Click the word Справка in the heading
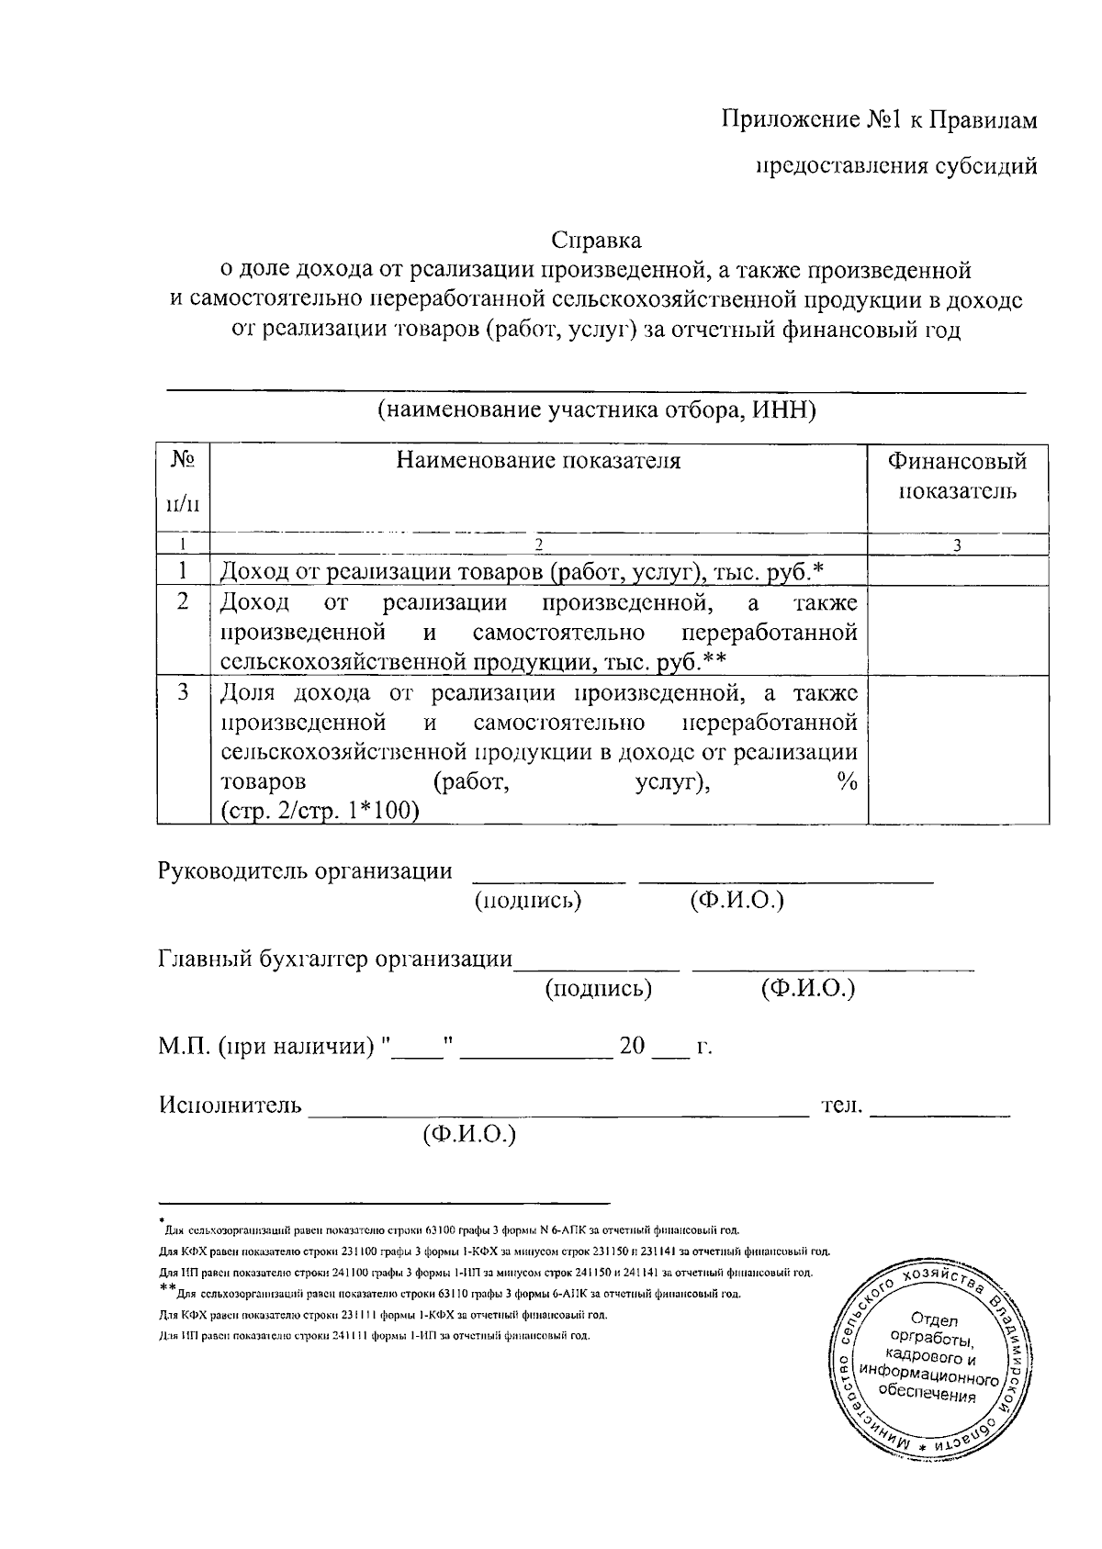(x=596, y=241)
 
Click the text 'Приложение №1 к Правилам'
(x=879, y=120)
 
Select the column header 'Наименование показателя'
(x=538, y=461)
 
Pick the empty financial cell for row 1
(x=957, y=571)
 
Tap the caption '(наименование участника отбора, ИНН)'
(x=596, y=410)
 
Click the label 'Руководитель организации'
(x=305, y=870)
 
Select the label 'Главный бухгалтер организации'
(x=335, y=960)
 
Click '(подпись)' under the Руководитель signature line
(x=528, y=901)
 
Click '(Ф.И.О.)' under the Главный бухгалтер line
(x=808, y=989)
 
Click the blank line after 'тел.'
(x=939, y=1113)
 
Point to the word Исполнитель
(x=231, y=1105)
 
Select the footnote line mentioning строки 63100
(x=450, y=1229)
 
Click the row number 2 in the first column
(x=183, y=601)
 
